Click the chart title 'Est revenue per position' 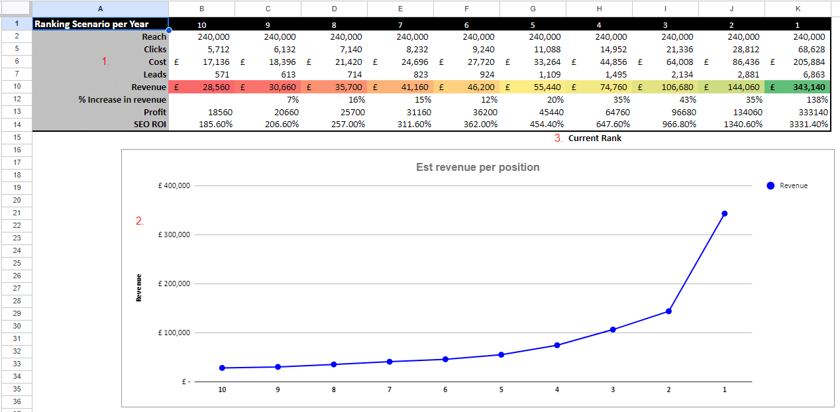tap(477, 168)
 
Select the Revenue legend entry tap(793, 186)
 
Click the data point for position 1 tap(724, 213)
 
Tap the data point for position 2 tap(668, 311)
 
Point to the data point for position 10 tap(222, 368)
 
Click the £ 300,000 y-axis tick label tap(174, 235)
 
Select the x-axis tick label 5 tap(501, 390)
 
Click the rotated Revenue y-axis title tap(139, 288)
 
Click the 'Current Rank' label tap(594, 138)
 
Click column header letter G tap(533, 8)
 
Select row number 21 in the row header tap(17, 213)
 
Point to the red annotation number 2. tap(140, 221)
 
